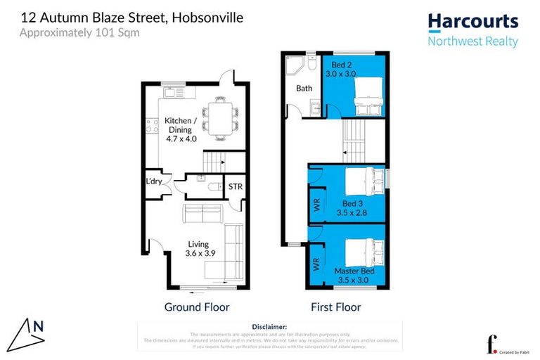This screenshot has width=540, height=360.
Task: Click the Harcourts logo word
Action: tap(472, 21)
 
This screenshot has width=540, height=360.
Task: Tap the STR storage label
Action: tap(235, 186)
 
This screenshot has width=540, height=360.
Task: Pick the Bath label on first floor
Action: tap(304, 89)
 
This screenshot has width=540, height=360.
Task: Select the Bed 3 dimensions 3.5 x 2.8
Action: tap(352, 212)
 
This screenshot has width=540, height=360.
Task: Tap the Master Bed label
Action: tap(354, 271)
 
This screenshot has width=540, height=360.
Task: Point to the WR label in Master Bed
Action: tap(316, 264)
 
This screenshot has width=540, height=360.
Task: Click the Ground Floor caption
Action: tap(197, 307)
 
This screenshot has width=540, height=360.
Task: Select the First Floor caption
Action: tap(335, 307)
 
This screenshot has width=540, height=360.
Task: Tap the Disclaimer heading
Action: tap(269, 327)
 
